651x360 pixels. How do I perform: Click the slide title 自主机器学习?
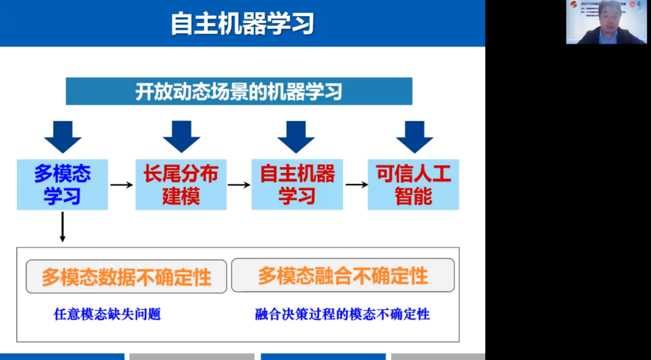tap(242, 24)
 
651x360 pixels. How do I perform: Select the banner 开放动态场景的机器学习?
tap(239, 92)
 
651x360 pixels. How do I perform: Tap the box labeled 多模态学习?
tap(62, 185)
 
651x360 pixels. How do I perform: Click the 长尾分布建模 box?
tap(181, 185)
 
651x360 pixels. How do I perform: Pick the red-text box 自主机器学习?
tap(297, 185)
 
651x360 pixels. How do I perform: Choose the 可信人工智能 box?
tap(414, 185)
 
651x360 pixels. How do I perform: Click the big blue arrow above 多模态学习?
tap(63, 136)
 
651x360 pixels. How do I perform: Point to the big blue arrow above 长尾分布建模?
tap(181, 136)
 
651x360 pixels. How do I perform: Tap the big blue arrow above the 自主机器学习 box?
tap(296, 136)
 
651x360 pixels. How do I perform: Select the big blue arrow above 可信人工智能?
tap(415, 136)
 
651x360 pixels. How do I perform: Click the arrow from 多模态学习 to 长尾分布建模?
tap(122, 185)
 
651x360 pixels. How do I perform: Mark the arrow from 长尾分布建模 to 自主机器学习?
tap(239, 185)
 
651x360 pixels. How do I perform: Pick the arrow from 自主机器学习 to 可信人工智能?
tap(356, 185)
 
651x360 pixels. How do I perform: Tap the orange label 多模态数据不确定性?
tap(127, 277)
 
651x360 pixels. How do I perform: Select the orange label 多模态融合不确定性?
tap(343, 276)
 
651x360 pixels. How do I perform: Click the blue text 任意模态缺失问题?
tap(107, 314)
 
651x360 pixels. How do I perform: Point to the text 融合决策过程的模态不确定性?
tap(342, 314)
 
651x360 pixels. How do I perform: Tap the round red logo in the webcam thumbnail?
tap(573, 5)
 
